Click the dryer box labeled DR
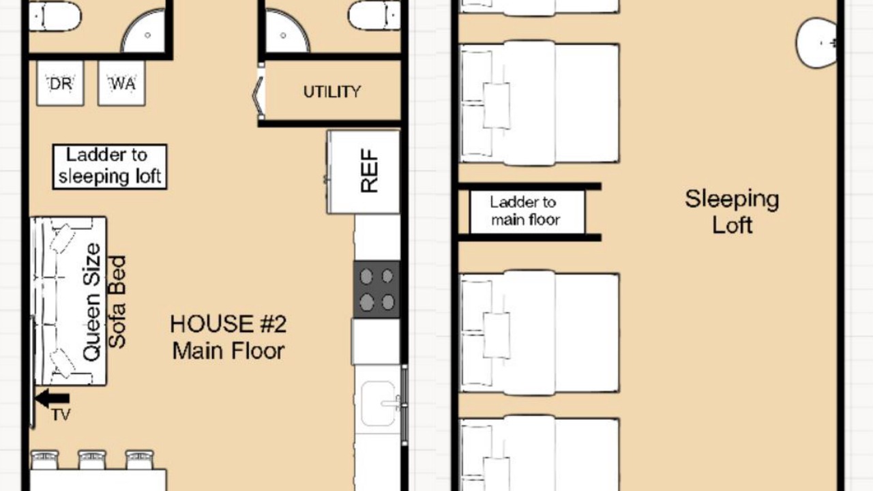tap(60, 83)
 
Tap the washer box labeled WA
tap(121, 83)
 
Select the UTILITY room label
tap(332, 91)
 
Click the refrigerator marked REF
tap(364, 172)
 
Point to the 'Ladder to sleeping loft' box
tap(110, 167)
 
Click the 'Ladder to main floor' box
tap(527, 211)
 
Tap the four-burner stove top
tap(377, 290)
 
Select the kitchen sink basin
tap(378, 403)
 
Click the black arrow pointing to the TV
tap(53, 398)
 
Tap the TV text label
tap(61, 415)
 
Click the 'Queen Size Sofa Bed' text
tap(104, 302)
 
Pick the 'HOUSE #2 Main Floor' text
tap(228, 338)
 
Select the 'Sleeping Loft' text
tap(732, 211)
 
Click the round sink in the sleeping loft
tap(816, 43)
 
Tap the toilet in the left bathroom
tap(55, 16)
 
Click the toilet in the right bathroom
tap(374, 16)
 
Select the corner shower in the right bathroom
tap(288, 31)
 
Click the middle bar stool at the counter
tap(92, 460)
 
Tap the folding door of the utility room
tap(258, 94)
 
